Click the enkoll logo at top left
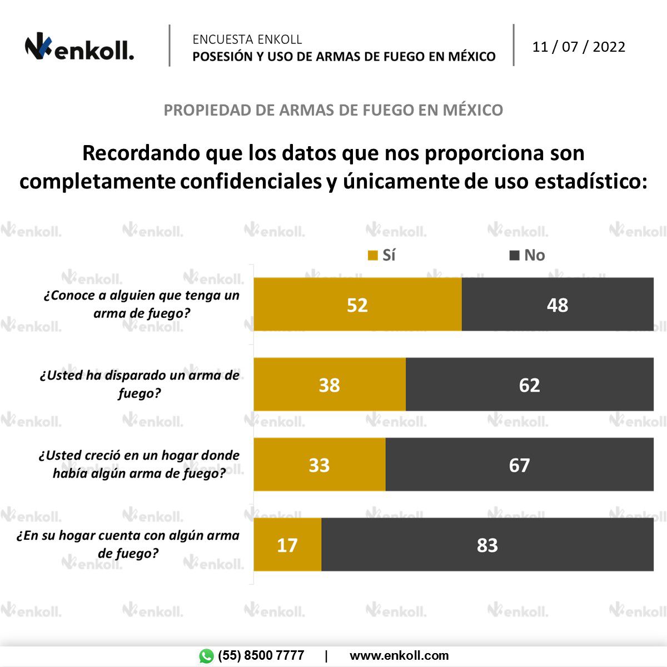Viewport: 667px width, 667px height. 79,48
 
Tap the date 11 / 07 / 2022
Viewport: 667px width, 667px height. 579,47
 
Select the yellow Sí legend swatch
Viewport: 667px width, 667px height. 373,255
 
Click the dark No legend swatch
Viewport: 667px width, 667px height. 515,255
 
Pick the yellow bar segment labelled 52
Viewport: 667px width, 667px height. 357,305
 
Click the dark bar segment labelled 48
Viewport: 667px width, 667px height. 558,305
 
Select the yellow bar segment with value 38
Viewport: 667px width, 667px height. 330,385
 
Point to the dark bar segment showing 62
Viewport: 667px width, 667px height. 530,385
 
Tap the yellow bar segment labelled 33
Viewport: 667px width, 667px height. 320,465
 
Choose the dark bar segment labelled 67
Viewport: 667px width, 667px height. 520,465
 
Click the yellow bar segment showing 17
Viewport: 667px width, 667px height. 287,545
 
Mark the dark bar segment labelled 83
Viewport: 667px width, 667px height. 487,545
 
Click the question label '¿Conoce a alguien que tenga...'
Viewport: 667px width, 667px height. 141,304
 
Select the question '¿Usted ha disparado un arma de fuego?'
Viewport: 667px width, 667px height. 140,384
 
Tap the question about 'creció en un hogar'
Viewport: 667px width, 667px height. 139,464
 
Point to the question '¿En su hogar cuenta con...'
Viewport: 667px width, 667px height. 128,544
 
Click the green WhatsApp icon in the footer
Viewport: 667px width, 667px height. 206,656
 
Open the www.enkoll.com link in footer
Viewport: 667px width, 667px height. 399,656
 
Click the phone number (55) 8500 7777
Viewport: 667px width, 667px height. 261,656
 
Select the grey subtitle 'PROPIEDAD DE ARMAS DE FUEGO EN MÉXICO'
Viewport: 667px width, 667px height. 333,110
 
